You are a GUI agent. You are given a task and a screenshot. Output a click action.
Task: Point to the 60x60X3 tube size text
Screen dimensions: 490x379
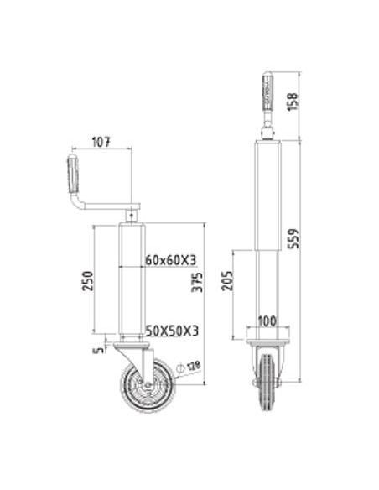tap(170, 260)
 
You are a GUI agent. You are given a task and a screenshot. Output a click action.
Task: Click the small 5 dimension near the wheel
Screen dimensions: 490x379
tap(101, 342)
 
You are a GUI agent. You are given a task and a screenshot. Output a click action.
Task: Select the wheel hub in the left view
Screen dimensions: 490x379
tap(148, 387)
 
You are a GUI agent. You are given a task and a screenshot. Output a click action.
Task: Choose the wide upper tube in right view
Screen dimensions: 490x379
tap(268, 197)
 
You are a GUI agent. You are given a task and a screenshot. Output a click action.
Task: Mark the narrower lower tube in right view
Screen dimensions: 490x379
tap(268, 289)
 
